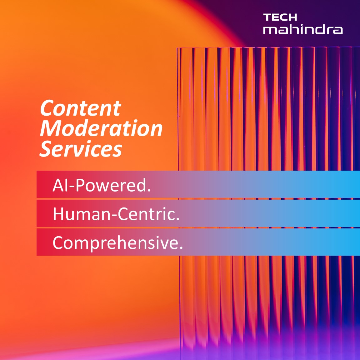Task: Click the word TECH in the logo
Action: coord(280,17)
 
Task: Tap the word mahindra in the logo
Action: coord(303,29)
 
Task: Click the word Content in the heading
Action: coord(80,108)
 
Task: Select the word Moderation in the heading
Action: coord(101,128)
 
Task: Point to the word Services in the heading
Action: coord(81,149)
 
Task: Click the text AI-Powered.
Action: coord(102,185)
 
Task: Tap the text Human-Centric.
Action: coord(116,214)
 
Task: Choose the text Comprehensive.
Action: coord(117,243)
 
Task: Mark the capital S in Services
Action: coord(46,149)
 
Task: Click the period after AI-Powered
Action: coord(149,190)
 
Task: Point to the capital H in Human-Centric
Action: coord(58,214)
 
